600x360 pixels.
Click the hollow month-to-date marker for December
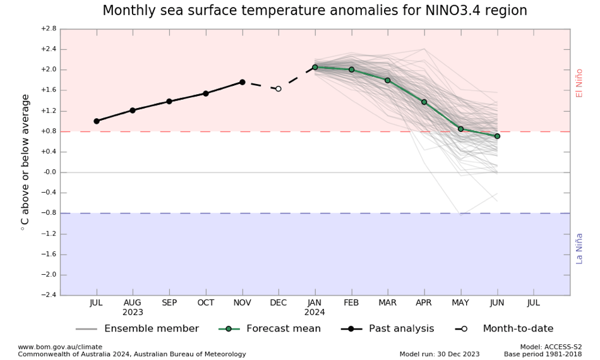(x=279, y=89)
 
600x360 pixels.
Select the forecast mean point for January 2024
(x=315, y=67)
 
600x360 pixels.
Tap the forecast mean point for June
(x=497, y=136)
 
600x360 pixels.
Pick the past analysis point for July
(x=97, y=121)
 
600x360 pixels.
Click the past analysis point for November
(x=243, y=82)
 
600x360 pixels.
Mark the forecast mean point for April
(x=424, y=102)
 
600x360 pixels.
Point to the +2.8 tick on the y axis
(x=49, y=28)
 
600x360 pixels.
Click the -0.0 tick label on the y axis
(x=49, y=172)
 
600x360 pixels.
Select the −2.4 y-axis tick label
(x=49, y=295)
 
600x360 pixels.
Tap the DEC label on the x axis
(x=279, y=303)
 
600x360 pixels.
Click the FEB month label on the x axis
(x=351, y=303)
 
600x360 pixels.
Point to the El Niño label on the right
(x=579, y=83)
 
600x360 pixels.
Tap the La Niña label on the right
(x=579, y=248)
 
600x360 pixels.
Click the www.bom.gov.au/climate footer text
(x=60, y=347)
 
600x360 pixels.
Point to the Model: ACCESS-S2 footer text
(x=551, y=347)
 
